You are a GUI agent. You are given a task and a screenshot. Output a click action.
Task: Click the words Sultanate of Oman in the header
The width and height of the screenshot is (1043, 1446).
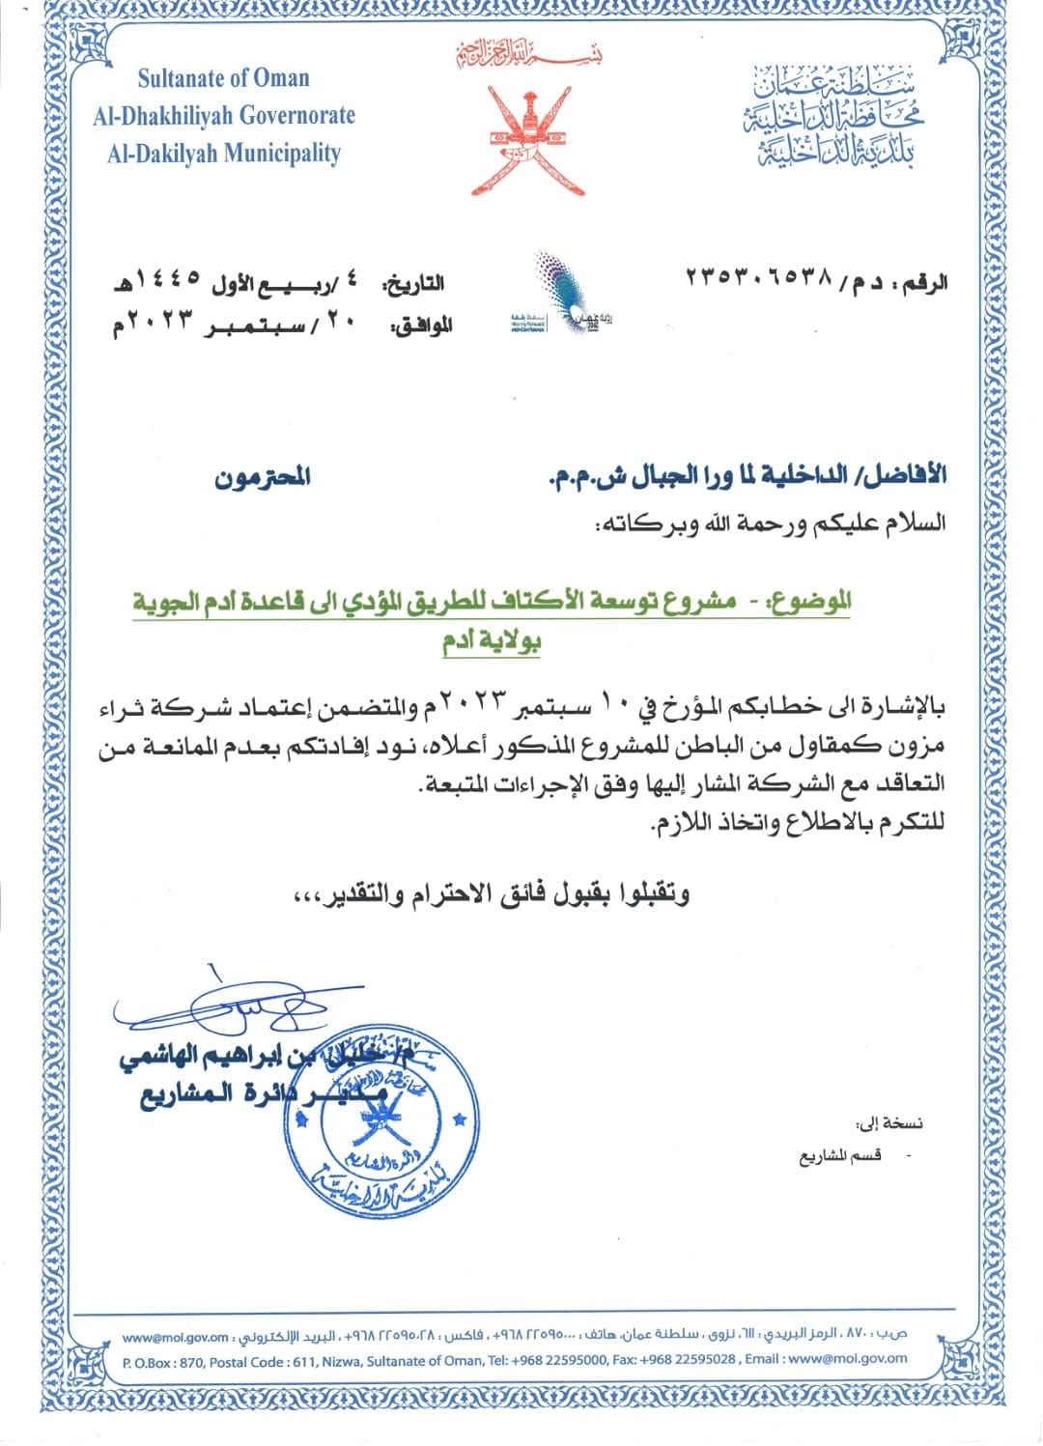click(223, 78)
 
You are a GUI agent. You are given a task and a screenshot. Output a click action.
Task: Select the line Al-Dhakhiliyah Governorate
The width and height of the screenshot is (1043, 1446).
click(224, 116)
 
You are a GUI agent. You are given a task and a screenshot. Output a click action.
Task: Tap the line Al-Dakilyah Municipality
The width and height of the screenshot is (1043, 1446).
click(224, 154)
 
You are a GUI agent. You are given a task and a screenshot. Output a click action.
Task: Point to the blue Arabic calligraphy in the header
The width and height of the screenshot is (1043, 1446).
click(832, 118)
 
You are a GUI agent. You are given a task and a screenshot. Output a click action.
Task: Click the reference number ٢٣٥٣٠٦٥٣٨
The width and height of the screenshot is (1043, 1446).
click(759, 278)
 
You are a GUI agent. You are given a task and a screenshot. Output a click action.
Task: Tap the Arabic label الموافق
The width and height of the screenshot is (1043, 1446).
click(422, 326)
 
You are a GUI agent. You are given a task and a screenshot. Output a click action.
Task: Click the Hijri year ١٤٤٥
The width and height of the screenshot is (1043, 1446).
click(168, 278)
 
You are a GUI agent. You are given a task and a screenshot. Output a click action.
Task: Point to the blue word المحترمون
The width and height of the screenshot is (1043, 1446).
click(262, 476)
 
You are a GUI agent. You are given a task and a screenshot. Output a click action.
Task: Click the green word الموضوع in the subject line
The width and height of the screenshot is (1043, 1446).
click(809, 602)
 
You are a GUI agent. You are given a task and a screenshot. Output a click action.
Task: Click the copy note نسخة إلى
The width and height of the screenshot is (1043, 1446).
click(888, 1122)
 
